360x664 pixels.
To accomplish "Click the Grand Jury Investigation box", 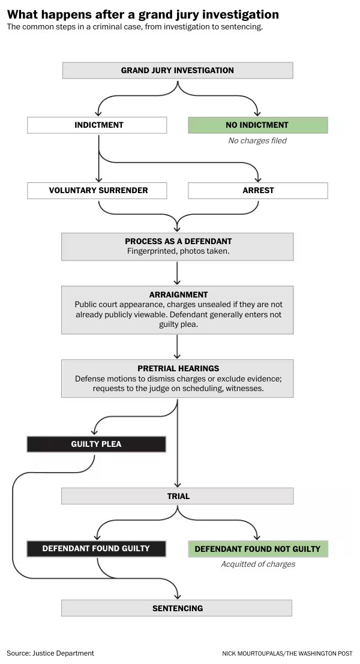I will point(178,70).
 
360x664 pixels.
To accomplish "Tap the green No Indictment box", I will point(258,125).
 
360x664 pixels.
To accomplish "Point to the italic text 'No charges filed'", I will point(257,140).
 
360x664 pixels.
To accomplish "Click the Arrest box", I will point(258,191).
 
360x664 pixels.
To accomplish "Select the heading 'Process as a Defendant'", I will point(178,241).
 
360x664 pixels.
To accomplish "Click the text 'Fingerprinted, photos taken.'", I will point(178,251).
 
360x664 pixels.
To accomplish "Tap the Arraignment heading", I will point(178,295).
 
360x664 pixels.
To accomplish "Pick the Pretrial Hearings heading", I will point(178,368).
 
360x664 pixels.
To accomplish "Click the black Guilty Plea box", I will point(96,444).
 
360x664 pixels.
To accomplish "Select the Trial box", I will point(178,496).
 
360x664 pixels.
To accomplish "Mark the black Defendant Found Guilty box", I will point(96,548).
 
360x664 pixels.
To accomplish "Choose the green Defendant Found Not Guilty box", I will point(258,548).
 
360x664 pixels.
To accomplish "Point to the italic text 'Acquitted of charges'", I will point(258,564).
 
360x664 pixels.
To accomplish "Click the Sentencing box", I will point(177,608).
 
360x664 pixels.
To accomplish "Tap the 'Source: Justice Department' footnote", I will point(50,653).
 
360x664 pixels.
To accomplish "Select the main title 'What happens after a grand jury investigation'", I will point(143,14).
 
